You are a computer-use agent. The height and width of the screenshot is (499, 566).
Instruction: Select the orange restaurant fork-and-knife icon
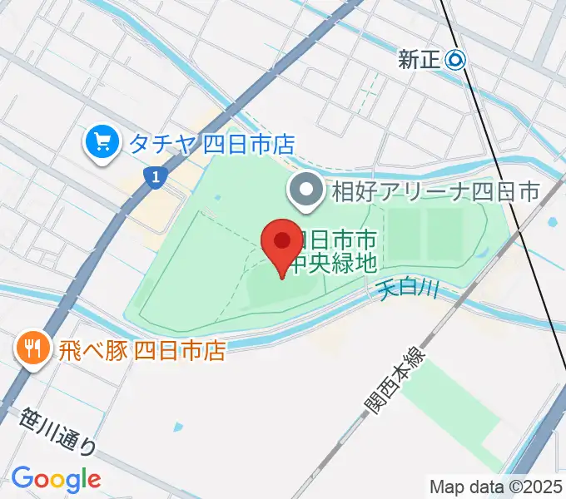[x=32, y=348]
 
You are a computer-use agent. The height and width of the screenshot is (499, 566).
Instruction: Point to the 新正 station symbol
[x=456, y=60]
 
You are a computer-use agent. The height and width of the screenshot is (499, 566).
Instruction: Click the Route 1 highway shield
[x=152, y=177]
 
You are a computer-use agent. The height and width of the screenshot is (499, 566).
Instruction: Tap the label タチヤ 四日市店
[x=211, y=144]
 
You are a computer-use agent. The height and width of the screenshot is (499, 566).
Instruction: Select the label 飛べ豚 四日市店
[x=141, y=349]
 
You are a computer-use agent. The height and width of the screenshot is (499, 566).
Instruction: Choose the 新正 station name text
[x=420, y=60]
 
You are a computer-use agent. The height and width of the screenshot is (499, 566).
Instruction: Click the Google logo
[x=56, y=479]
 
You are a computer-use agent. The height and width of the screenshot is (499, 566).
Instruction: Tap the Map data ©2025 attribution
[x=496, y=487]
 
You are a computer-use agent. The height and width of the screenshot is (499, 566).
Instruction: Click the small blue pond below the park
[x=177, y=427]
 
